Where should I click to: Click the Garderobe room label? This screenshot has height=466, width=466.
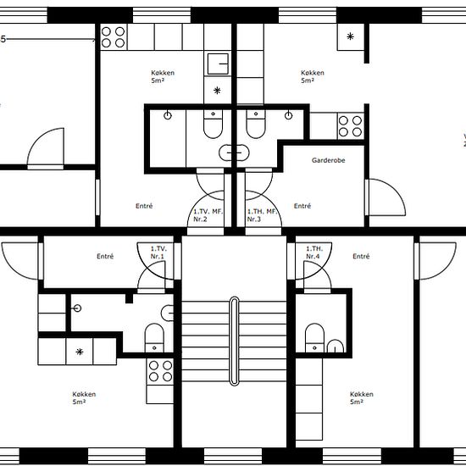click(329, 160)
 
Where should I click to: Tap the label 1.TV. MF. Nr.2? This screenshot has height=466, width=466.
click(208, 215)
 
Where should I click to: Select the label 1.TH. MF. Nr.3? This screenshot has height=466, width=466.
click(262, 215)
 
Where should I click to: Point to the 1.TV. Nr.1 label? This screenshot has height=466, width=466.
click(158, 252)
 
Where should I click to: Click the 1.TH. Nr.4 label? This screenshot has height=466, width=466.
click(314, 252)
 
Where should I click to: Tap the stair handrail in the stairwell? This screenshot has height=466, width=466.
click(234, 341)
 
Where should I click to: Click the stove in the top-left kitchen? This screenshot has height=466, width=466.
click(114, 37)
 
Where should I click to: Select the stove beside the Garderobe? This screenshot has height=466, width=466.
click(351, 126)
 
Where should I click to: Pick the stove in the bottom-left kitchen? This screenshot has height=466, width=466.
click(160, 371)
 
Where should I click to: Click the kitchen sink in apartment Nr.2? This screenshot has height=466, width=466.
click(218, 64)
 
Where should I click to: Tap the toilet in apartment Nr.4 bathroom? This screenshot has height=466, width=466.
click(314, 338)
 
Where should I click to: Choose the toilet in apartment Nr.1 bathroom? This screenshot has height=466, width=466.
click(154, 338)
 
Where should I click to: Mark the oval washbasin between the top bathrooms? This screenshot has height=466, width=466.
click(234, 153)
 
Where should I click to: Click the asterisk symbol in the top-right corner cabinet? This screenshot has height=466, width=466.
click(351, 36)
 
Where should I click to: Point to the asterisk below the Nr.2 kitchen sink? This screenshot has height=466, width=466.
click(217, 91)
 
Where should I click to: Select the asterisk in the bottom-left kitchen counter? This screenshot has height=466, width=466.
click(80, 352)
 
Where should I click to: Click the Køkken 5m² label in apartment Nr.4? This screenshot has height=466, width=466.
click(362, 398)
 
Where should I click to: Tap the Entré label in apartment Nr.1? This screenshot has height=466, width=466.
click(105, 256)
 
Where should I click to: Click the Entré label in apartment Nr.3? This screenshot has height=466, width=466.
click(302, 206)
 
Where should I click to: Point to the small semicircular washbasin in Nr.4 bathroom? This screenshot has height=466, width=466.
click(336, 347)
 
